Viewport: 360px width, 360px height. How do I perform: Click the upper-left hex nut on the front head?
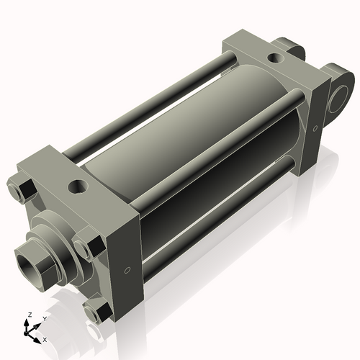pyautogui.click(x=23, y=189)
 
